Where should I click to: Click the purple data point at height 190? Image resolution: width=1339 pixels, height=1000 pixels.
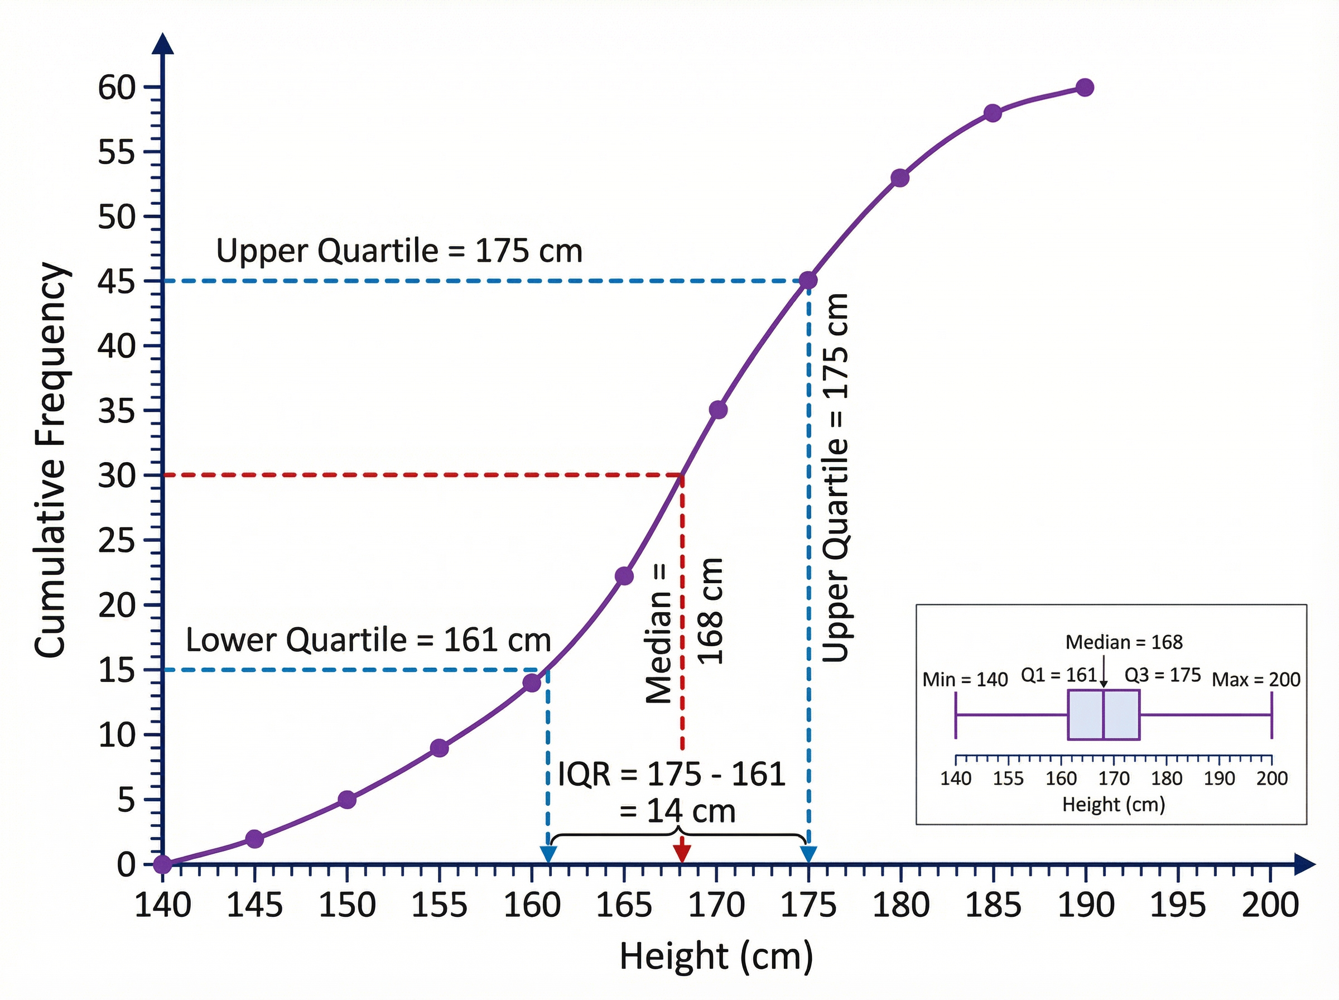click(x=1085, y=87)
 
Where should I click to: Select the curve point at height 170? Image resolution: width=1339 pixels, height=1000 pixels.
click(x=717, y=410)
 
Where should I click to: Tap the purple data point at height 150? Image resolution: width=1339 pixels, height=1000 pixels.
click(x=346, y=800)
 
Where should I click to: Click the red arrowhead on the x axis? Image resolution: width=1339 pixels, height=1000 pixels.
click(x=682, y=853)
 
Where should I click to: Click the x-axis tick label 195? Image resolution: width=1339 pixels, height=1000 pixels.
click(x=1177, y=906)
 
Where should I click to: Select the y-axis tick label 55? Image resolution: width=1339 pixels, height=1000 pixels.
click(x=117, y=152)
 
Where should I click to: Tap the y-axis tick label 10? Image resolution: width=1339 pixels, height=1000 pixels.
click(x=117, y=735)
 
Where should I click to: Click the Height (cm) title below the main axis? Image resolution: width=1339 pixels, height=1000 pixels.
click(x=716, y=957)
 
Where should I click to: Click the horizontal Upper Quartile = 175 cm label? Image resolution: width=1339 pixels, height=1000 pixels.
click(x=399, y=251)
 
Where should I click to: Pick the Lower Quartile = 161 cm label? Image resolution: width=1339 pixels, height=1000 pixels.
click(x=368, y=640)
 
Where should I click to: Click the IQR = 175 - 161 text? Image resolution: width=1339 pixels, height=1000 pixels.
click(x=671, y=774)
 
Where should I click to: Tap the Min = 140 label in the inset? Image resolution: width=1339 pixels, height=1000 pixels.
click(x=965, y=680)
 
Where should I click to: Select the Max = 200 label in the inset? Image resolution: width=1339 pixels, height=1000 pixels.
click(x=1255, y=680)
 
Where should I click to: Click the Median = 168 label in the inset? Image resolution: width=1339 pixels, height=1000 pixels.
click(x=1124, y=642)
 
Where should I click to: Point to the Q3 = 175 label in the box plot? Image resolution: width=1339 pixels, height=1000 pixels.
click(x=1162, y=675)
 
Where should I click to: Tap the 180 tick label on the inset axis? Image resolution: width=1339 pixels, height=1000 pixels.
click(x=1166, y=778)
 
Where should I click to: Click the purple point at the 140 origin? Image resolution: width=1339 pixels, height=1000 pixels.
click(x=162, y=864)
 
